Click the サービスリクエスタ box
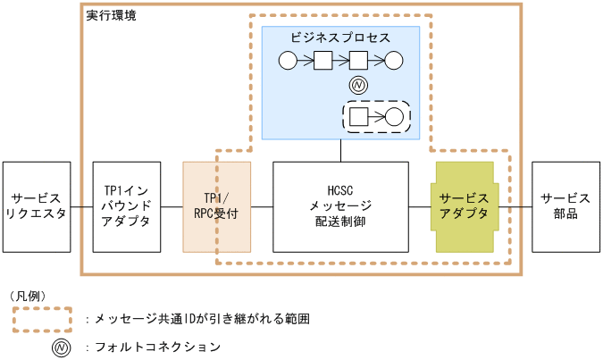(x=37, y=206)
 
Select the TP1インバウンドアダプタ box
(x=127, y=206)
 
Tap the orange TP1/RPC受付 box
(x=216, y=206)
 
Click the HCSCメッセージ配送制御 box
(x=340, y=206)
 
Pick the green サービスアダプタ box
(x=465, y=206)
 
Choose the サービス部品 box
(x=565, y=206)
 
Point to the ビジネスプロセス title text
(x=340, y=38)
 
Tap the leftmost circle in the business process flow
(x=288, y=61)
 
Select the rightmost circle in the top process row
(x=394, y=61)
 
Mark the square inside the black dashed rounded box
(x=358, y=116)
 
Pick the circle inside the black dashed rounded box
(x=394, y=116)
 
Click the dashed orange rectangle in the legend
(x=42, y=318)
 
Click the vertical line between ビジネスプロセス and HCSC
(x=340, y=150)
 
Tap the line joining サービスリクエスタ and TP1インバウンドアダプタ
(x=81, y=207)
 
